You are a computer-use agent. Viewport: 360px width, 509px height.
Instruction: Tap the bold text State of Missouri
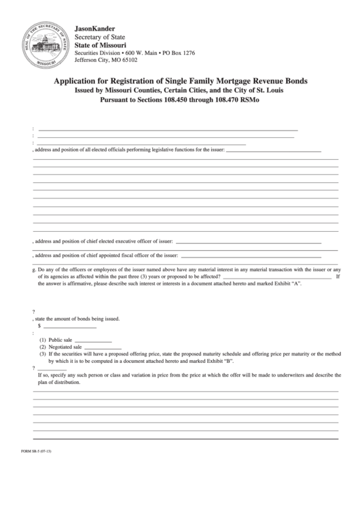101,45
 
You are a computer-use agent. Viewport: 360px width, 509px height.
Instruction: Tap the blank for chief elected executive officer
249,242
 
